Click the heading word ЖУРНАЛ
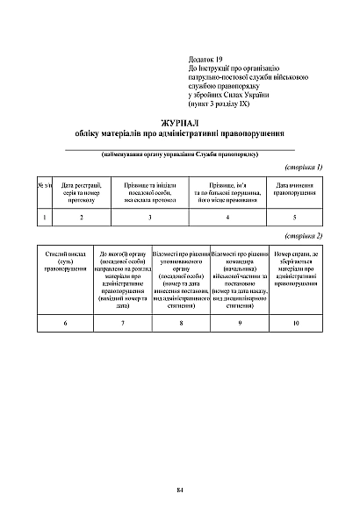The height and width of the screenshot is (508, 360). (x=181, y=124)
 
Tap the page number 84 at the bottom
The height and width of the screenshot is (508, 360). (x=179, y=488)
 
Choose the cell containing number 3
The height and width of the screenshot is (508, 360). (x=150, y=216)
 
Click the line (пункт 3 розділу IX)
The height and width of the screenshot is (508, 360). (x=207, y=104)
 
